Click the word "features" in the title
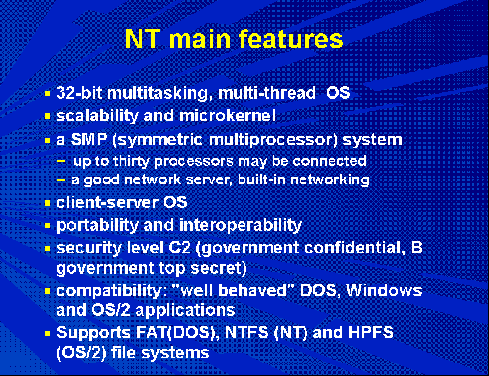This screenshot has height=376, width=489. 291,39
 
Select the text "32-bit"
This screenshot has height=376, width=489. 79,93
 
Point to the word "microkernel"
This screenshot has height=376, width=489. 227,116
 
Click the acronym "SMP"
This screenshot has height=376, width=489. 89,139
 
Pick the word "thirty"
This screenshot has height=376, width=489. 132,162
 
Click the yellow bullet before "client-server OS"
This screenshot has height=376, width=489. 47,203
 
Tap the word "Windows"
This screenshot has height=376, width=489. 384,290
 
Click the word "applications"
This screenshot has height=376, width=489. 185,310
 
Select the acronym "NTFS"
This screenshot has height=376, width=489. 246,333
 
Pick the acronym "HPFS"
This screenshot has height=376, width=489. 371,333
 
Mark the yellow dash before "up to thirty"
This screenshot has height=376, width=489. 62,161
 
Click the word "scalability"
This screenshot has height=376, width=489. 98,116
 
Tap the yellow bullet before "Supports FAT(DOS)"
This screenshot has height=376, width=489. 47,333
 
